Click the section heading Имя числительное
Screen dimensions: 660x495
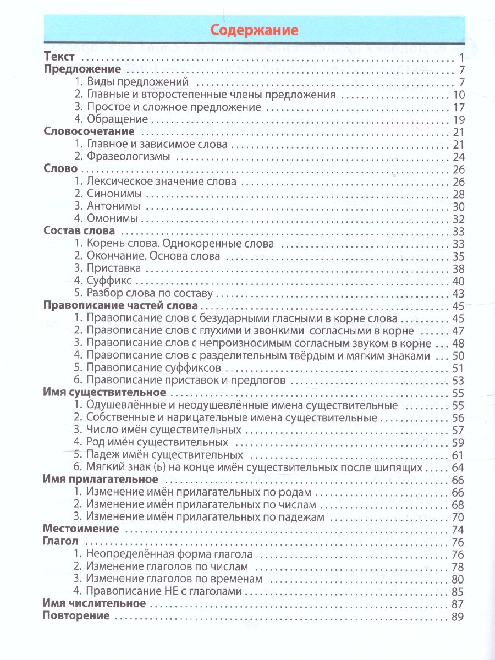(x=94, y=603)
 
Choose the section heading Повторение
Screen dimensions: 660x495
(x=76, y=616)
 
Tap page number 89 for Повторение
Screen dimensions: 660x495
(x=458, y=617)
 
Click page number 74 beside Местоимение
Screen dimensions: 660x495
(x=458, y=530)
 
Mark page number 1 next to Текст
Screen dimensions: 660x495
(x=463, y=58)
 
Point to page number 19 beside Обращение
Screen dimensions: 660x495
(x=459, y=120)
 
